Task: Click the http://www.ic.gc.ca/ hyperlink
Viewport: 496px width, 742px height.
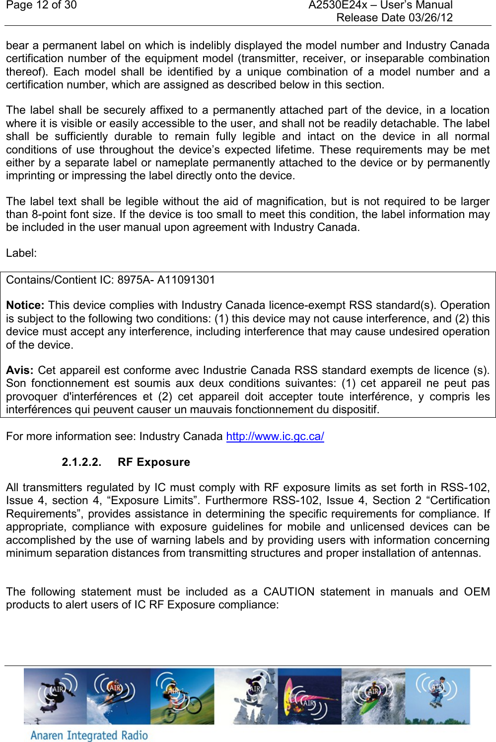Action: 275,436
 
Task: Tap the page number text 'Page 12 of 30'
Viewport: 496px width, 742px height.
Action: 41,5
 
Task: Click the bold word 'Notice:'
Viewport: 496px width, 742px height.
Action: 25,305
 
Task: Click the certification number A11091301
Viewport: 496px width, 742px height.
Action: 186,280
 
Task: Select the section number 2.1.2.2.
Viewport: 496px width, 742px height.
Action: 81,462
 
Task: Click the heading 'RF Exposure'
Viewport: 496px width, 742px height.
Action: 154,462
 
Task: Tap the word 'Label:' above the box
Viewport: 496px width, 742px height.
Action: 21,253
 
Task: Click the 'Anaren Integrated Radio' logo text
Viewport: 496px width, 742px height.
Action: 89,735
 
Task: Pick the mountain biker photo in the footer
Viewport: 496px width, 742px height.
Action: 182,696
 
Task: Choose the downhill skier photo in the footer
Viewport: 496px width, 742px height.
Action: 118,696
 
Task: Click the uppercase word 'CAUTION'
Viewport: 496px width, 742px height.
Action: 288,592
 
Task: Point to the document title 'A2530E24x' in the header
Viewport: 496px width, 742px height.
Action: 338,5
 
